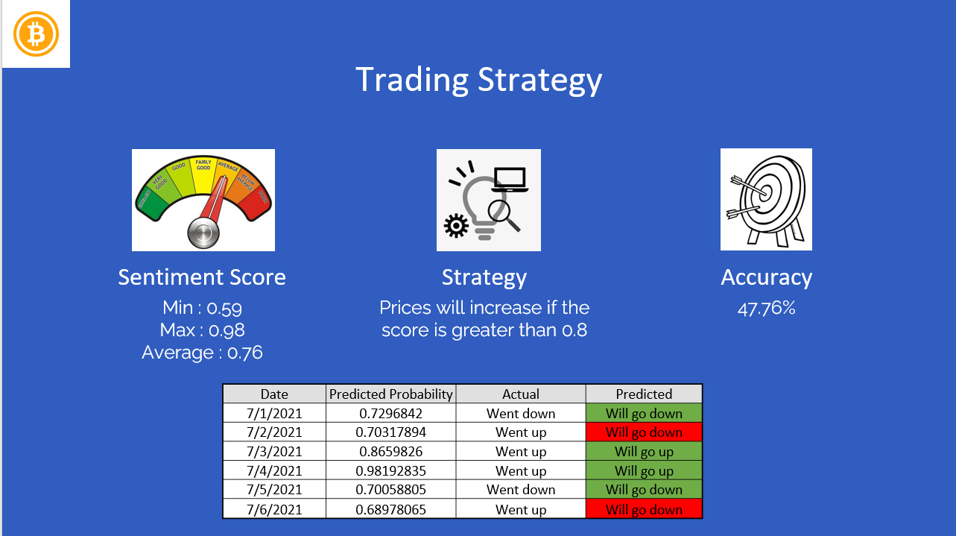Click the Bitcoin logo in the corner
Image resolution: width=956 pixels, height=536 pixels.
coord(36,34)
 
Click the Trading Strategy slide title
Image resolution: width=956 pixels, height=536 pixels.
coord(478,80)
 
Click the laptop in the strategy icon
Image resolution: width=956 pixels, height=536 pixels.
coord(510,180)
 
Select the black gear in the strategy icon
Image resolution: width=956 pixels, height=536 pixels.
coord(455,225)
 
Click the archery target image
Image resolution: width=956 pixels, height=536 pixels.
coord(765,199)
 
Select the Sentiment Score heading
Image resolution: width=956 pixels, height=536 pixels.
coord(202,277)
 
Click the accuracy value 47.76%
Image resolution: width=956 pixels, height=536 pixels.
coord(766,308)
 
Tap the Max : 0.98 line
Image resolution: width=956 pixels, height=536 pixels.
coord(202,330)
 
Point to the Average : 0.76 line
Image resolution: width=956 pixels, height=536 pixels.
coord(202,352)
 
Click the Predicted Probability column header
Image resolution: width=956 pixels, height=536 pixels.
coord(391,394)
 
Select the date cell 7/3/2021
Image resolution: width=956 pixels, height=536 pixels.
coord(274,452)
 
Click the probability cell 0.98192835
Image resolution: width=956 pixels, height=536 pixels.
coord(391,470)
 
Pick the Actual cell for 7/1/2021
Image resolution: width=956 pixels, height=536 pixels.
coord(521,413)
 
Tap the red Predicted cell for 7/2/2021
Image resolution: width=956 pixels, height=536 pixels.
coord(644,432)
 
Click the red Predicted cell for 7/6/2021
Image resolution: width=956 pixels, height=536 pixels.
coord(644,510)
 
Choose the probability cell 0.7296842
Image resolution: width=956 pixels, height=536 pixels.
coord(391,413)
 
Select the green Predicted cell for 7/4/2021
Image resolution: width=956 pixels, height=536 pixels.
coord(644,470)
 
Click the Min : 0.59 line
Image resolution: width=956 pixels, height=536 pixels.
coord(202,308)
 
